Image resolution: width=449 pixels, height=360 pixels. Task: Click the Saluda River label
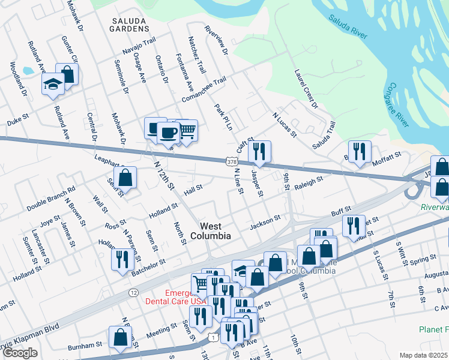tap(348, 28)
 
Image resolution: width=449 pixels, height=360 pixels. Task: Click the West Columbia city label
tap(215, 231)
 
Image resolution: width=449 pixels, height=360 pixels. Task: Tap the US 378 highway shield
tap(231, 162)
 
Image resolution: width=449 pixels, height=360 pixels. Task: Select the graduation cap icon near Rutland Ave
tap(53, 85)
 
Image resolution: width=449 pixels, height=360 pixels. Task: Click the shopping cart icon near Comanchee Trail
tap(187, 130)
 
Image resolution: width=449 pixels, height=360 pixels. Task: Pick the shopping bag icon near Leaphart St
tap(125, 177)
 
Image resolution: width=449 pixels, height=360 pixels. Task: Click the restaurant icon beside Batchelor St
tap(121, 259)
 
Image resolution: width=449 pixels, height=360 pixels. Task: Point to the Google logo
tap(20, 353)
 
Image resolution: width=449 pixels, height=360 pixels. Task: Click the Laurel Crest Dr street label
tap(306, 89)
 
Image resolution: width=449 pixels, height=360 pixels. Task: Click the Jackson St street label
tap(265, 223)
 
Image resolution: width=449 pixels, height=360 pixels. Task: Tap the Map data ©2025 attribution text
tap(423, 355)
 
